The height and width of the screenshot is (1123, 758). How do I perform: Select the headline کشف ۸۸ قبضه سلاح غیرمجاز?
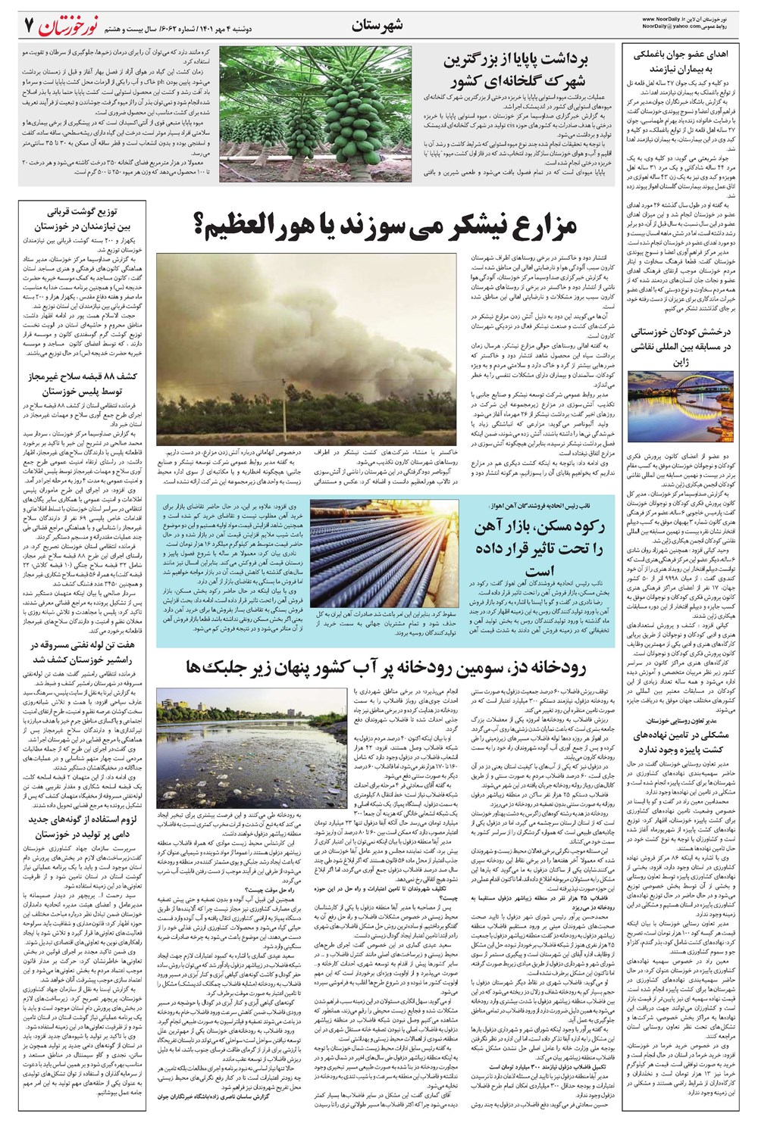81,383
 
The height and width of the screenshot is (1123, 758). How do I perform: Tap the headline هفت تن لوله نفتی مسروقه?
81,652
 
